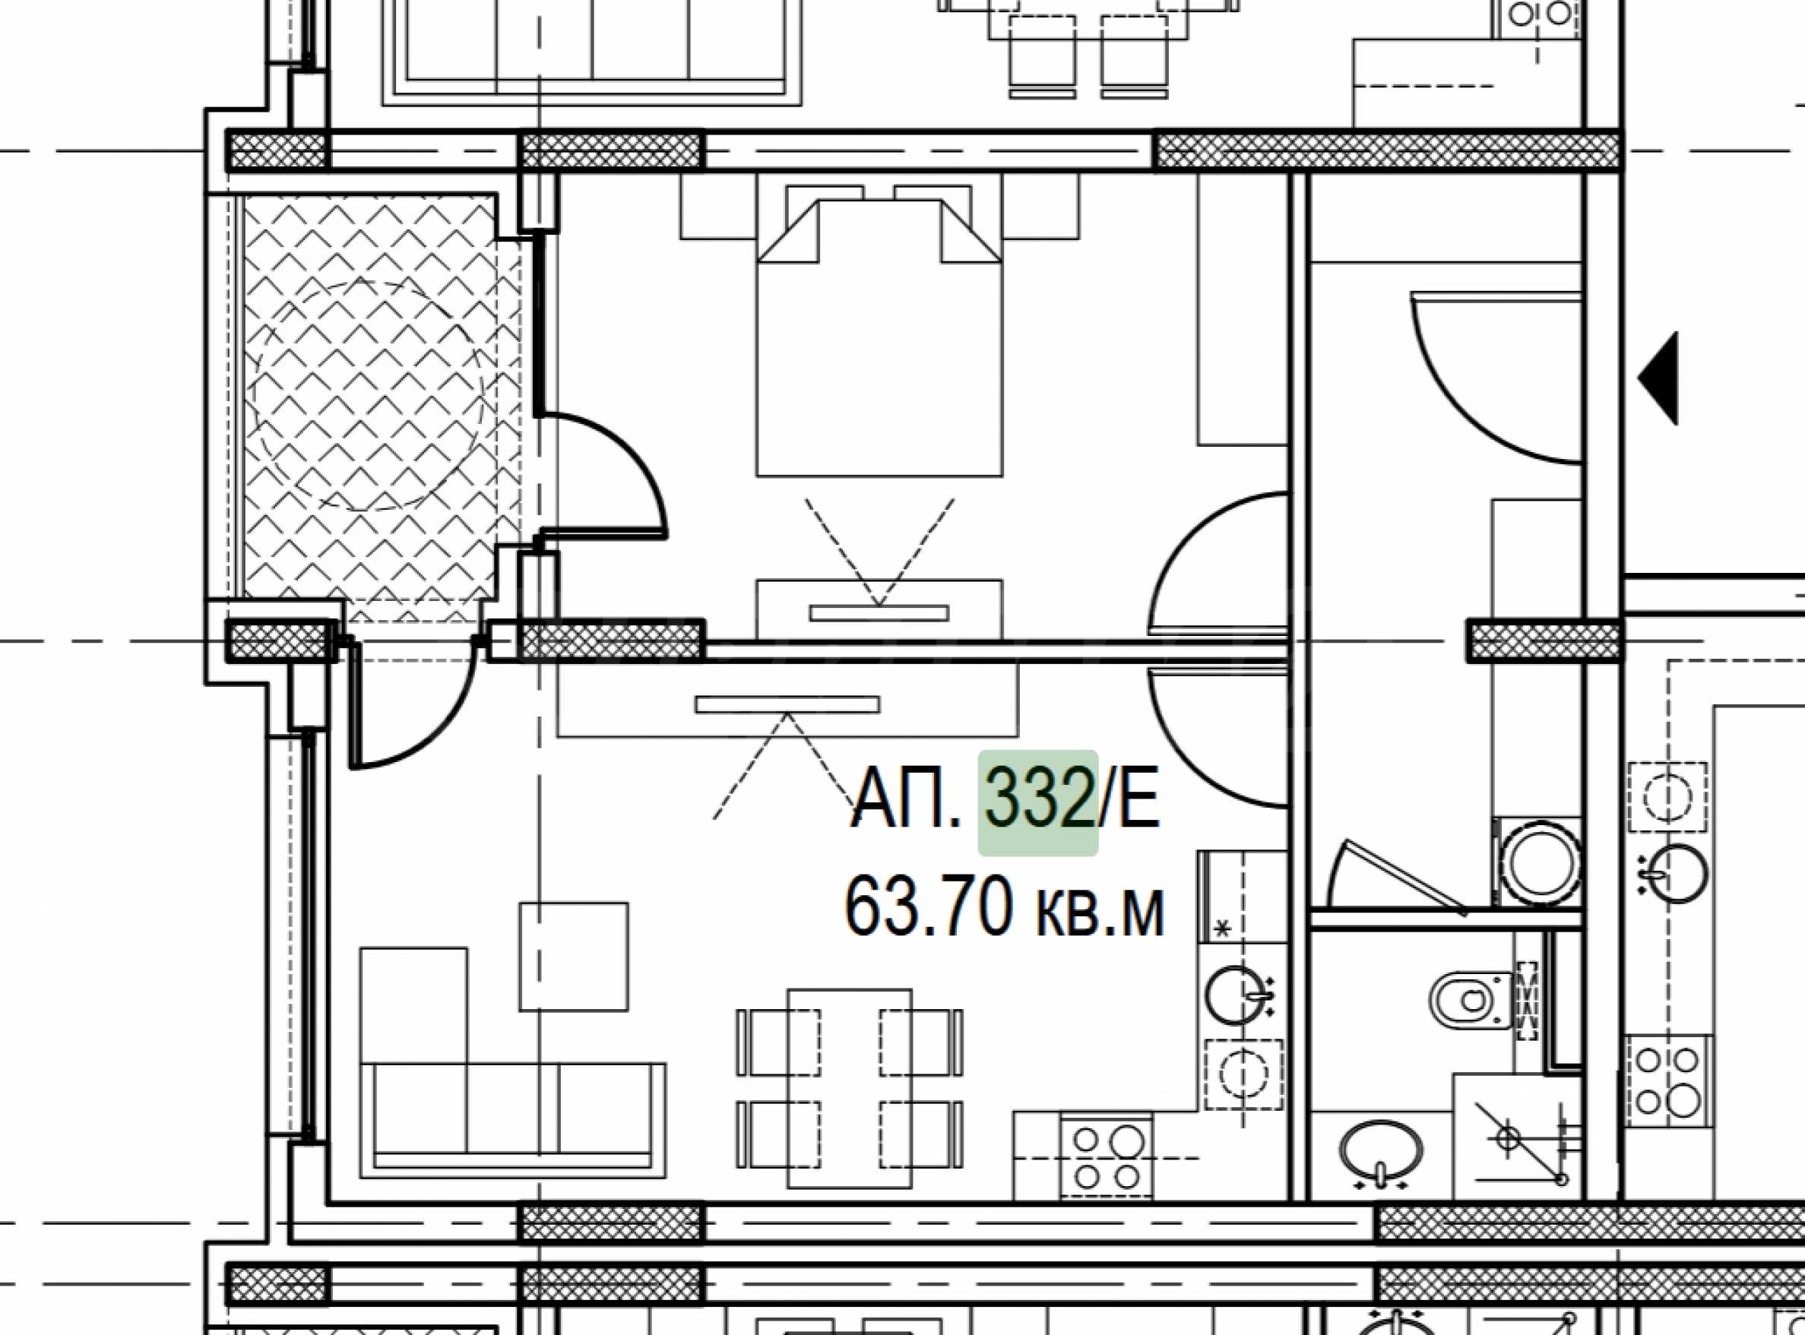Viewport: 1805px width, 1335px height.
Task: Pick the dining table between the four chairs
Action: [x=850, y=1089]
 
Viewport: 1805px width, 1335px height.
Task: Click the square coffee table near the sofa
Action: [x=573, y=956]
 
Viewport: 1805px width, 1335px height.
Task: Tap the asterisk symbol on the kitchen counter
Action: [x=1223, y=929]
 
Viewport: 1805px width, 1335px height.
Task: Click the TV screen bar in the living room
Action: [x=787, y=704]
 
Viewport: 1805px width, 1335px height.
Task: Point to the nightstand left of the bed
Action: [x=719, y=207]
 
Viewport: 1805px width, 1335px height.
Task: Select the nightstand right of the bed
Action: [x=1041, y=207]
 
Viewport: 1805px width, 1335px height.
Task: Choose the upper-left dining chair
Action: [x=777, y=1041]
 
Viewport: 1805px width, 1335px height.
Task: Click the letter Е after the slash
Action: [x=1139, y=802]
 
